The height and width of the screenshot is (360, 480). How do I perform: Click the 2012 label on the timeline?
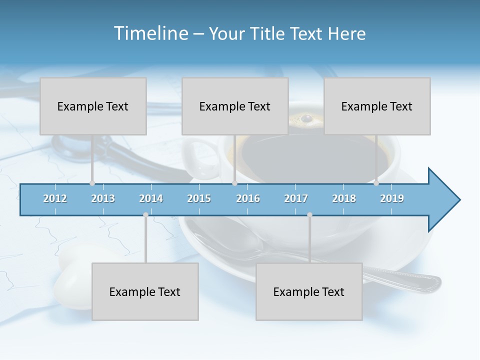55,198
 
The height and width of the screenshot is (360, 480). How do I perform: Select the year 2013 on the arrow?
103,198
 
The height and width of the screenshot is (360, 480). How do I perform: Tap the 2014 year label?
151,198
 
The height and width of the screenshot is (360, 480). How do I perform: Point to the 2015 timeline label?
199,198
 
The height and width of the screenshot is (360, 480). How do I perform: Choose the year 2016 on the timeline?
248,198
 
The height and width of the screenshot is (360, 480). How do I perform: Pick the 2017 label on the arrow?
296,198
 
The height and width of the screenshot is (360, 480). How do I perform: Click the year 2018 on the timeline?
344,198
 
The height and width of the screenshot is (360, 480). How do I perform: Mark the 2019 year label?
392,198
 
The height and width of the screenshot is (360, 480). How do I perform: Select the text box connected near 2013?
93,106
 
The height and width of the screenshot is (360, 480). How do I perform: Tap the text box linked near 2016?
235,106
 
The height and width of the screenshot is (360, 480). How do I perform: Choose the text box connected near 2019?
377,106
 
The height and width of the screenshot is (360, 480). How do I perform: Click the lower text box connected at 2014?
145,291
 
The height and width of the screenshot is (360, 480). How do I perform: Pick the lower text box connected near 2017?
309,291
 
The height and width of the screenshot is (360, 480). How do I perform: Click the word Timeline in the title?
150,33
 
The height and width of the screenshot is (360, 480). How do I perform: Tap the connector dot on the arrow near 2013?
92,183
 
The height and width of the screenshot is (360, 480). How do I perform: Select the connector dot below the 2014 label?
145,215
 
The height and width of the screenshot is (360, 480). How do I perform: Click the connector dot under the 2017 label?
309,215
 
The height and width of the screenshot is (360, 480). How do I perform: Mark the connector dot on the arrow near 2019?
376,183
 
